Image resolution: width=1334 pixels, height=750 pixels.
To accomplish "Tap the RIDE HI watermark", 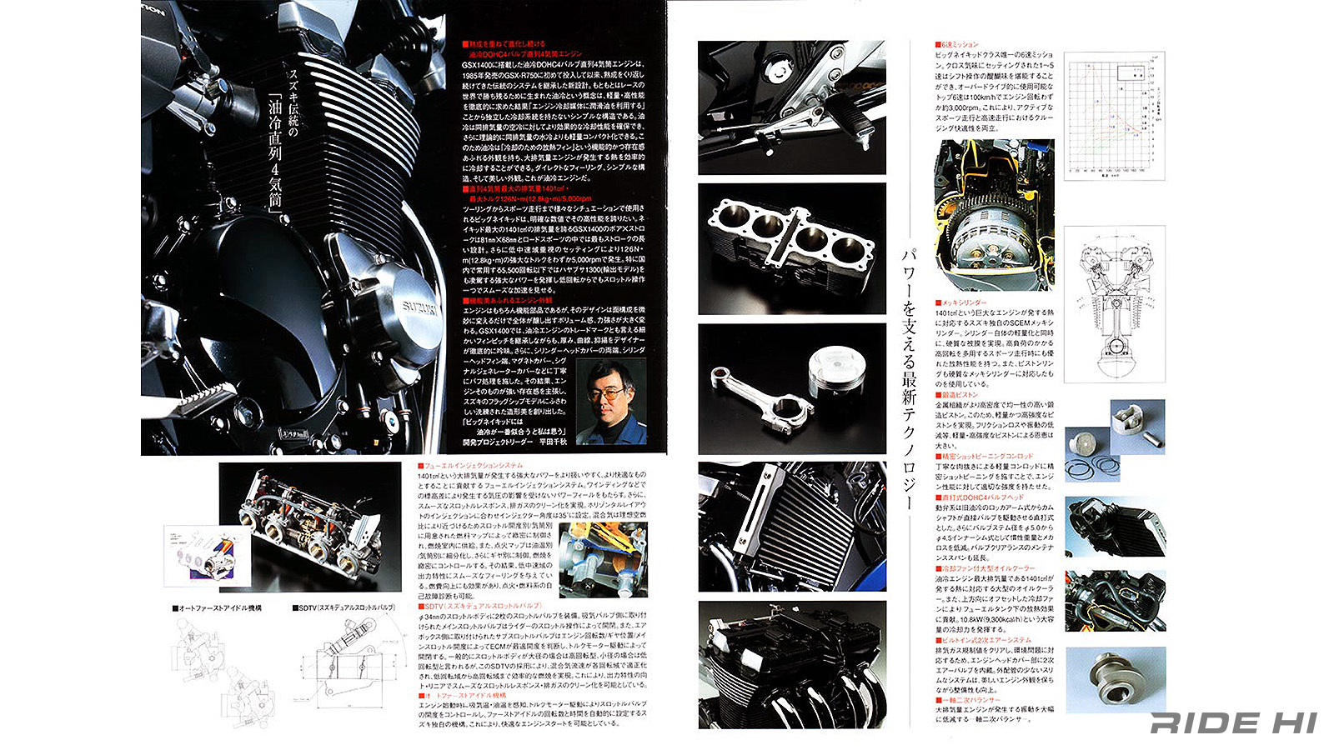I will coord(1233,722).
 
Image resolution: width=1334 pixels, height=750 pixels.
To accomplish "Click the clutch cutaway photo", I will coord(994,214).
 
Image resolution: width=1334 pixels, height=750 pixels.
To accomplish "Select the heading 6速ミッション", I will coord(959,44).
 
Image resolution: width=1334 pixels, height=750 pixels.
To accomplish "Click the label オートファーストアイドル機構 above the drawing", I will coord(219,608).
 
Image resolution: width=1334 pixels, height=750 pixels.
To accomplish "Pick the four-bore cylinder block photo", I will coord(791,248).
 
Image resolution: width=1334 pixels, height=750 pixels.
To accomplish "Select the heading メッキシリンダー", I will coord(963,302).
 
